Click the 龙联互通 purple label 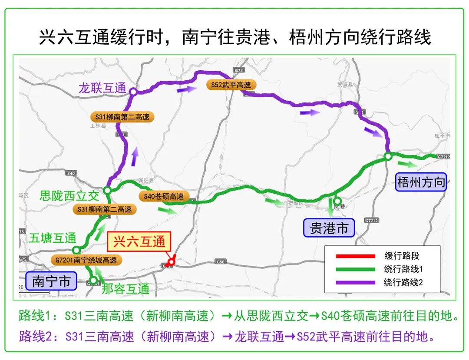coord(102,88)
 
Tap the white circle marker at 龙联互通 coord(133,91)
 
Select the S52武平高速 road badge coord(231,85)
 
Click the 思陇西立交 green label coord(69,195)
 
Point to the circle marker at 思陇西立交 coord(107,190)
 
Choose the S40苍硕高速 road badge coord(164,196)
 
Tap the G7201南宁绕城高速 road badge coord(86,261)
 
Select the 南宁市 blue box coord(51,281)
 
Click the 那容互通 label coord(126,288)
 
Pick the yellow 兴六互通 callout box coord(139,241)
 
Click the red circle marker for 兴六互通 coord(172,262)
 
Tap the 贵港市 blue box coord(329,228)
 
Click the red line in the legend coord(355,256)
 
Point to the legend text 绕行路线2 coord(403,282)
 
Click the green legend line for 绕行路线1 coord(355,269)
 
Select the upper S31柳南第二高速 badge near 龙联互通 coord(122,117)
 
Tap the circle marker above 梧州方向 coord(388,156)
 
